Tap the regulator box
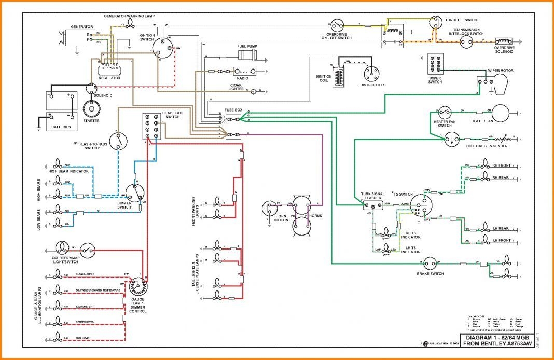[110, 68]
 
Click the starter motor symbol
[91, 108]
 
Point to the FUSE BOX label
[233, 110]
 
